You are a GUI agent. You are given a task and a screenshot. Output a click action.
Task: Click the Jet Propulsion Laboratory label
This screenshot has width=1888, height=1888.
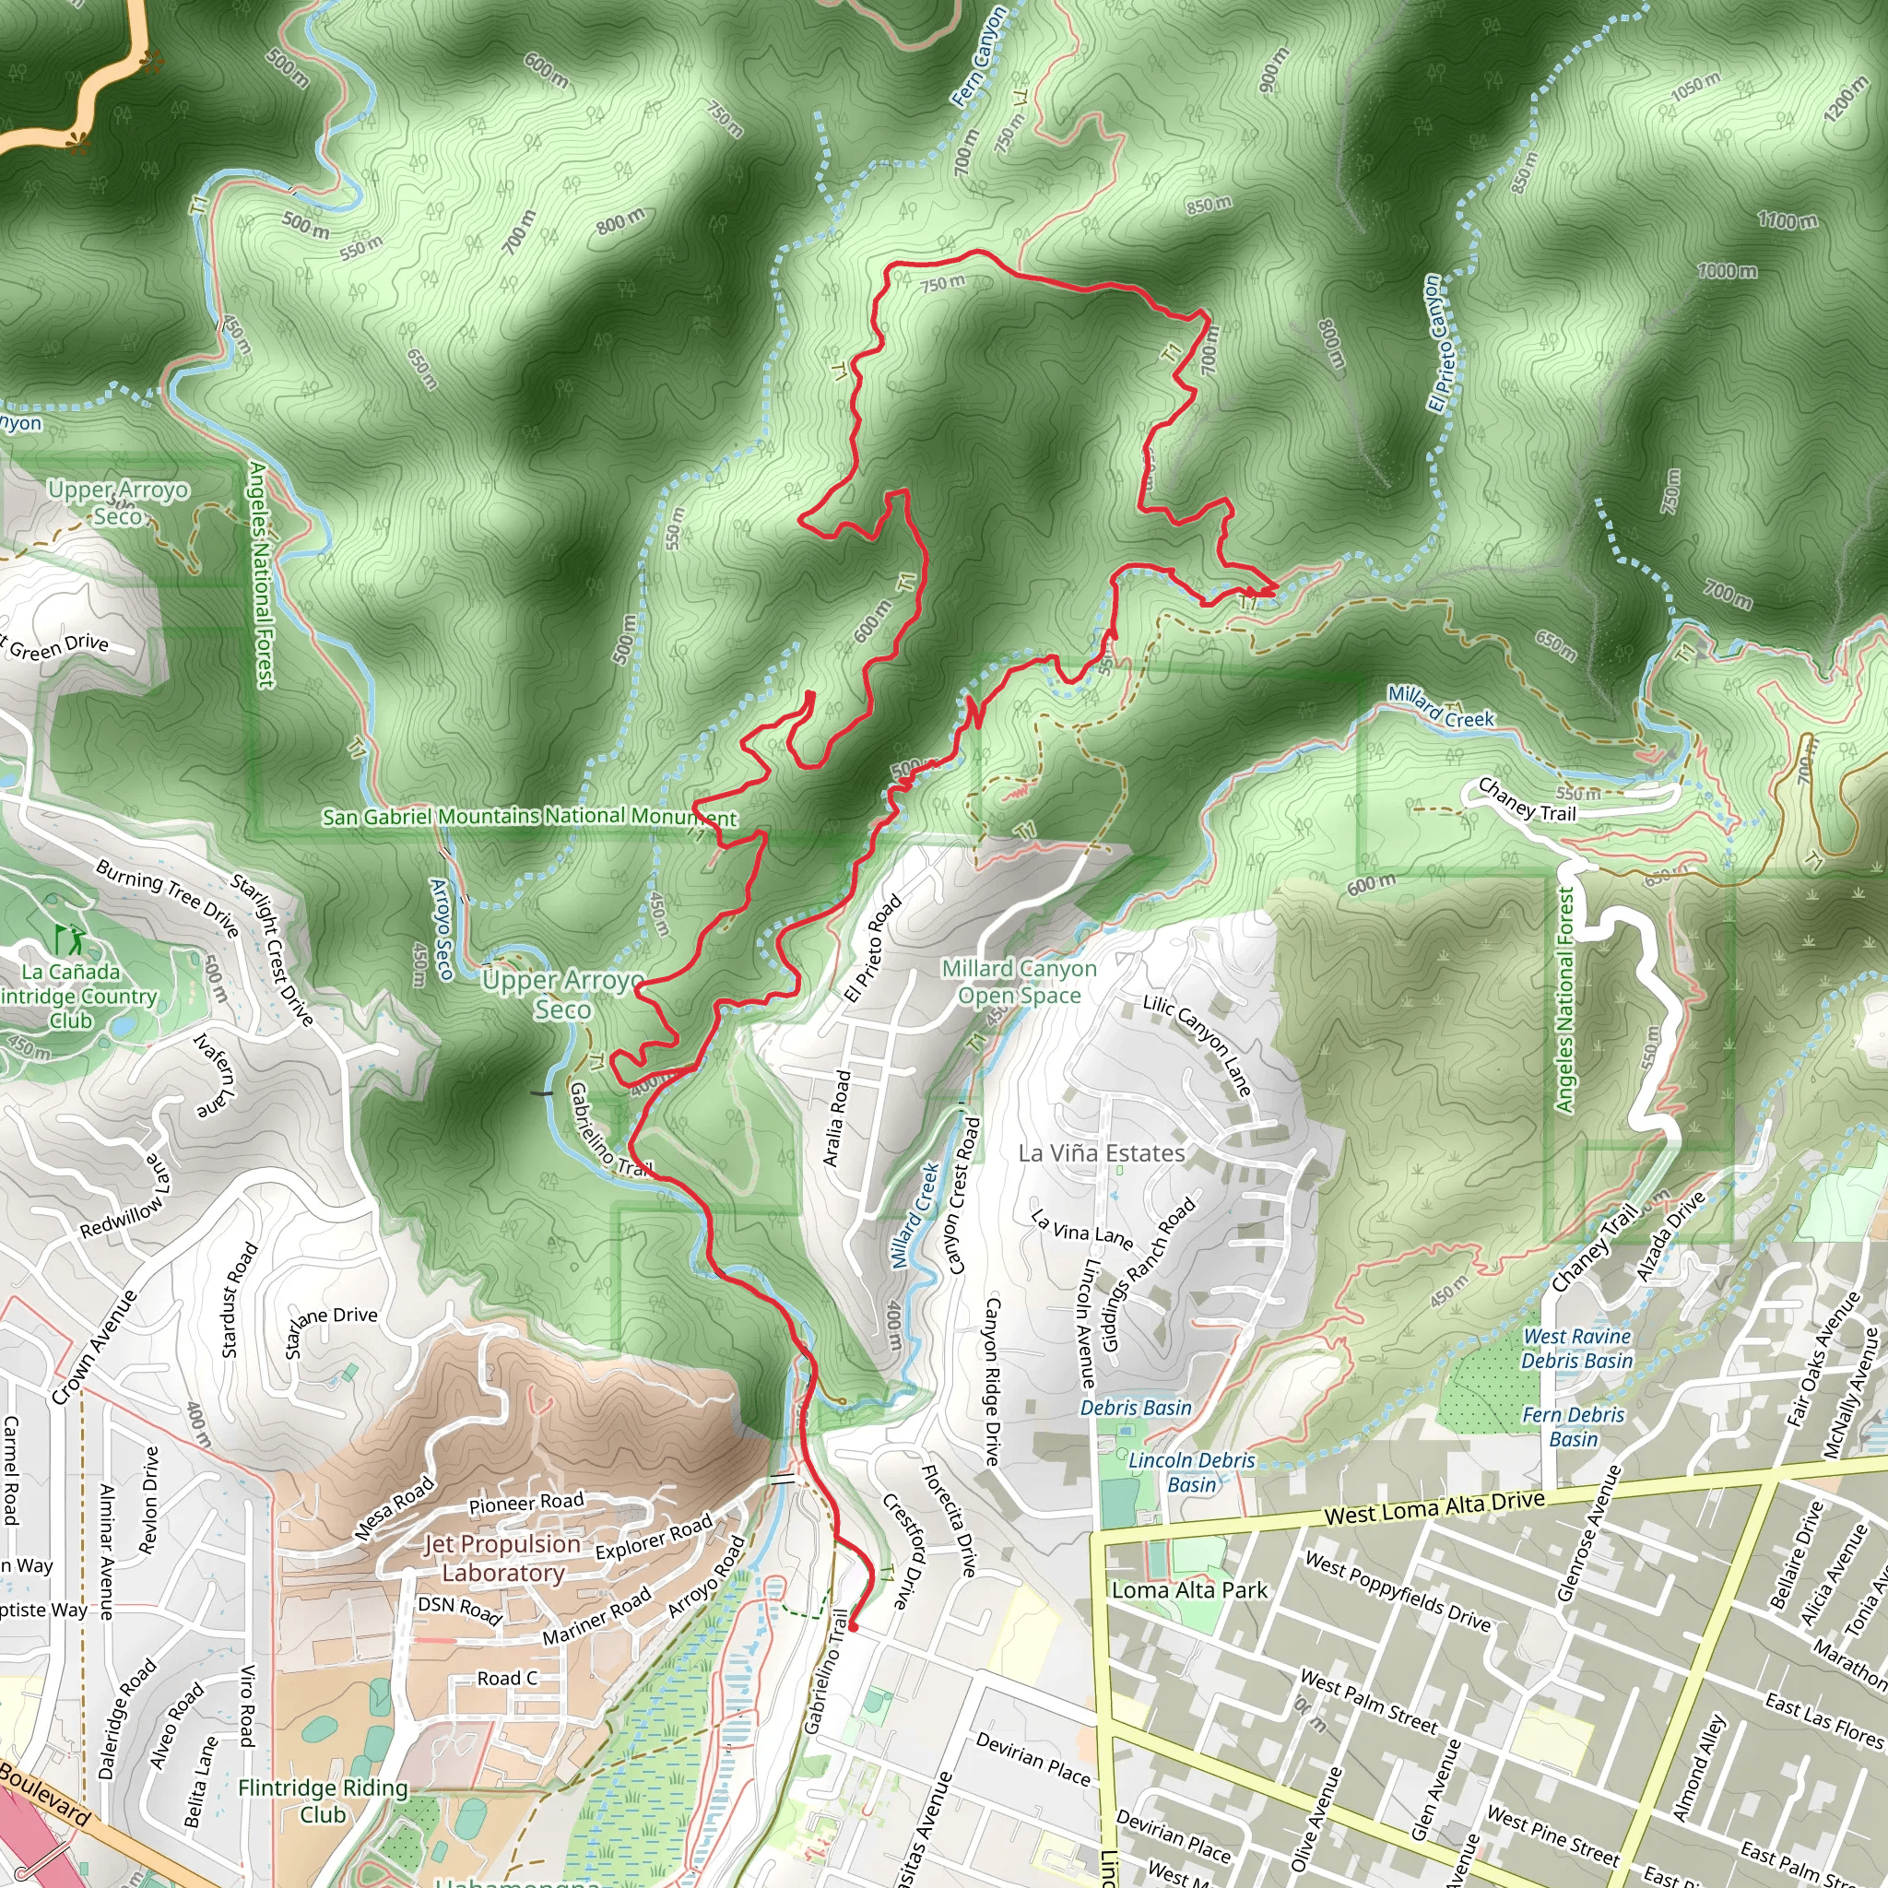point(502,1558)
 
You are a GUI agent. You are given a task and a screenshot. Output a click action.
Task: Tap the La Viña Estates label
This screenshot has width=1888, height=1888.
point(1102,1153)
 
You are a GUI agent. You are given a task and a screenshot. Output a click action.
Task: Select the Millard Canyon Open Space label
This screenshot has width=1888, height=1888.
point(1019,981)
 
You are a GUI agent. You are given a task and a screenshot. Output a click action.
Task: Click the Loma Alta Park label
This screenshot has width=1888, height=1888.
point(1189,1590)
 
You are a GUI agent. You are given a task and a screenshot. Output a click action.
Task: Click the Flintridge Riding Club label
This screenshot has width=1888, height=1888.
point(323,1800)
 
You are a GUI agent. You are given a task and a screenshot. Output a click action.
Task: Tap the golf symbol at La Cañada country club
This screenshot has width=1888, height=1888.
point(70,940)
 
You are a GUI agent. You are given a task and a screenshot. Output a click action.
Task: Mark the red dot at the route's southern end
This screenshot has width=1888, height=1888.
point(853,1627)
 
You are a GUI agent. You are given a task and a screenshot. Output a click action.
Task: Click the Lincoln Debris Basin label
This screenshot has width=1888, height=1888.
point(1191,1471)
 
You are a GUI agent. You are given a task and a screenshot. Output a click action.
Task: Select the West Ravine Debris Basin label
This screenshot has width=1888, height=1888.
point(1577,1348)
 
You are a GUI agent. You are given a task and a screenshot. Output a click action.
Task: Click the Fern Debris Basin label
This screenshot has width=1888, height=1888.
point(1574,1426)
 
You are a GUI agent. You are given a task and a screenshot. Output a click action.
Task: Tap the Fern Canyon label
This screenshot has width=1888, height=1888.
point(979,55)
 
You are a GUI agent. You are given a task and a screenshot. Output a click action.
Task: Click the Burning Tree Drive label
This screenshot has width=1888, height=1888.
point(167,898)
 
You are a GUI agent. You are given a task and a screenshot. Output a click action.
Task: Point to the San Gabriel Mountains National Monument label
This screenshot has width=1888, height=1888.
point(530,816)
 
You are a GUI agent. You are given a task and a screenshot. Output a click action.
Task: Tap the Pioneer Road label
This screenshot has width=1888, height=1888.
point(525,1503)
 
